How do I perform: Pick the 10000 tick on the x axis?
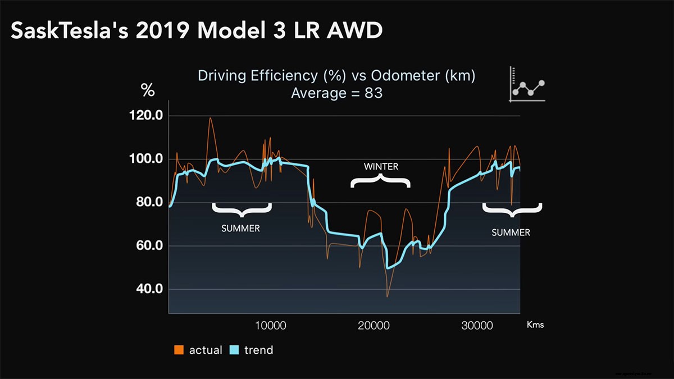click(x=271, y=325)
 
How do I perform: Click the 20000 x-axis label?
click(x=374, y=325)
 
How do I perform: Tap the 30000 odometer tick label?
click(x=477, y=325)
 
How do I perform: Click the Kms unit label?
click(x=535, y=325)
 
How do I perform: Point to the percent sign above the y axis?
click(x=148, y=90)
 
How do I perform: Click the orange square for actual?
click(x=179, y=350)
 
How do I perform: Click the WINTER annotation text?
click(x=381, y=166)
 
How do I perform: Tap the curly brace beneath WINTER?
click(x=381, y=181)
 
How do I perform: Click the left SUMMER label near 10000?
click(x=241, y=229)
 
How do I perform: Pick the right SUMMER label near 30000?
click(x=511, y=232)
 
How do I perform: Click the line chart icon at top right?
click(x=527, y=85)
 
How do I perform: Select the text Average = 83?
click(x=336, y=93)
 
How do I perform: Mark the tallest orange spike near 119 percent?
click(x=210, y=118)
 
